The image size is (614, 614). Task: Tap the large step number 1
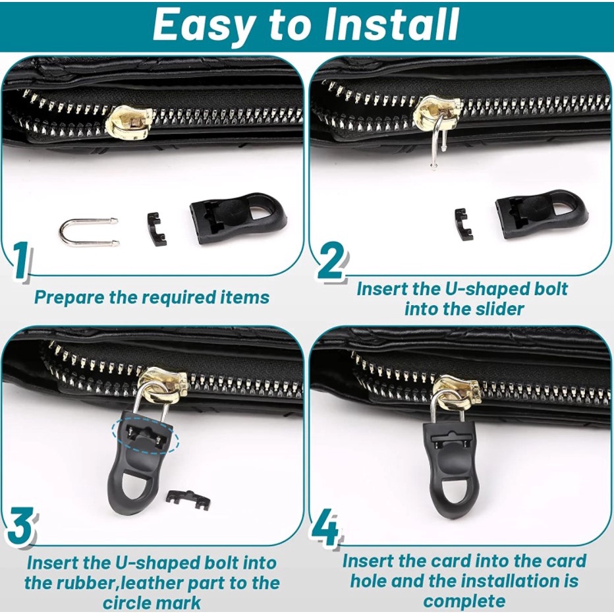20,260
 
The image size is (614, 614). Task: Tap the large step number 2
331,260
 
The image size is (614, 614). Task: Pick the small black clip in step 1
157,229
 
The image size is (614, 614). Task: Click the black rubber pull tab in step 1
238,217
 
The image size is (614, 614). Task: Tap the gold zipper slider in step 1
128,123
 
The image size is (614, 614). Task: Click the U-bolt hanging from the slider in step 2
436,141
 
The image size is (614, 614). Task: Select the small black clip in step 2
464,225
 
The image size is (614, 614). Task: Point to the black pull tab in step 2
541,214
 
